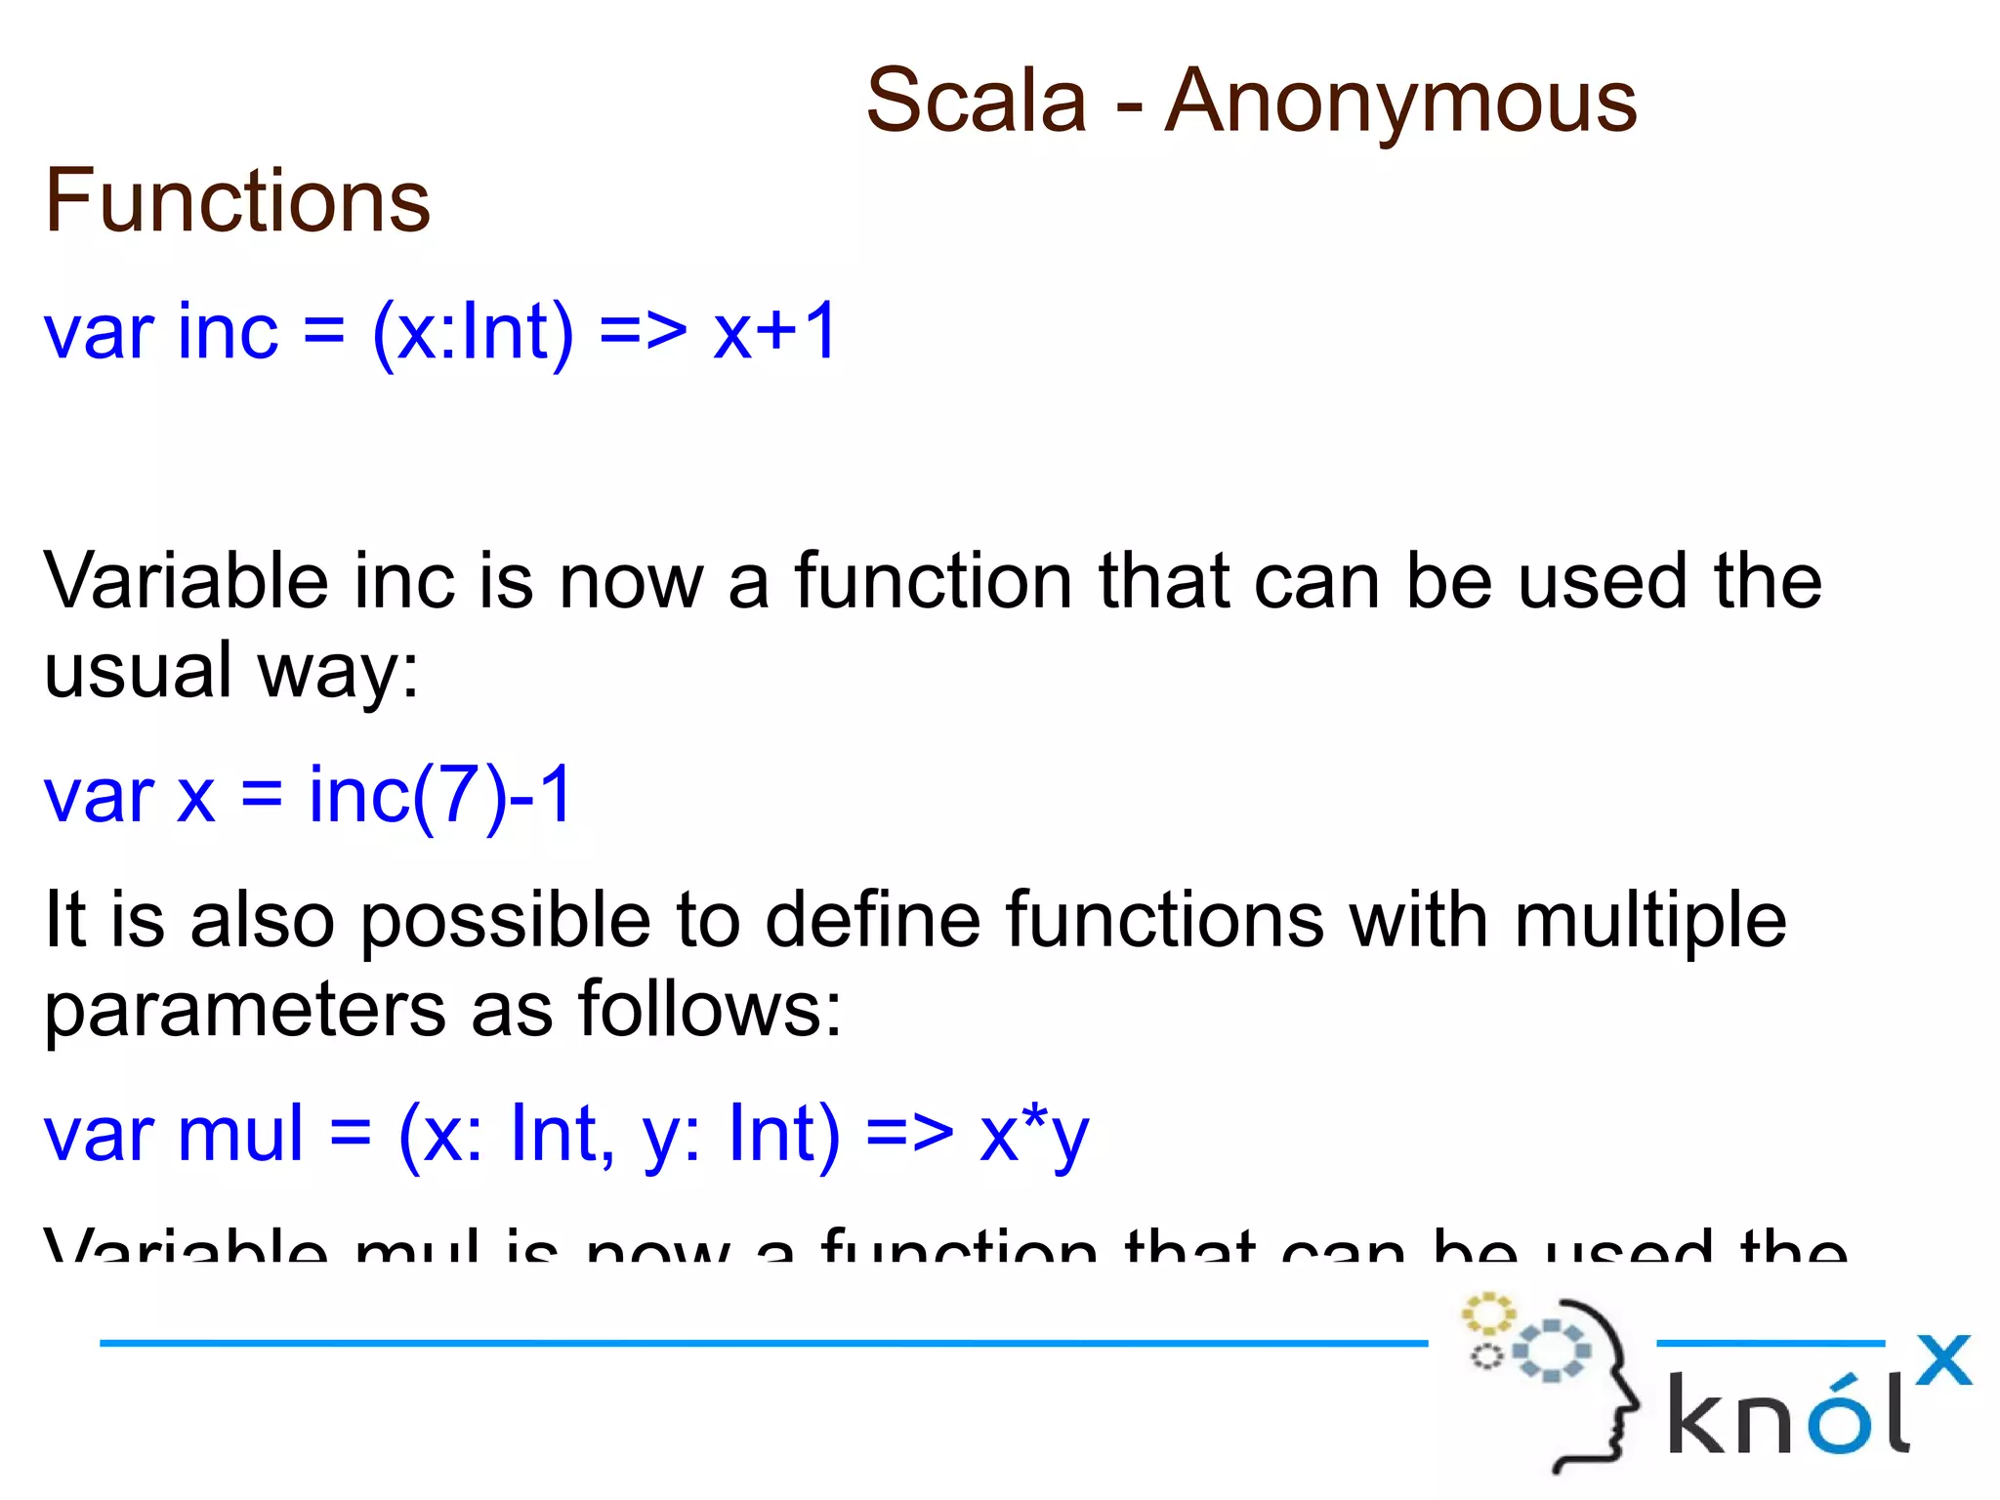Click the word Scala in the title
[x=976, y=102]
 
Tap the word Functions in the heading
[x=237, y=201]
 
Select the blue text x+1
[x=774, y=332]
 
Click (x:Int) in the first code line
[x=473, y=333]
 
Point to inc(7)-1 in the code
[x=439, y=796]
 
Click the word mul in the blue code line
[x=240, y=1135]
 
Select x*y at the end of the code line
[x=1034, y=1135]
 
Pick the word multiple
[x=1649, y=921]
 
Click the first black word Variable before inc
[x=186, y=581]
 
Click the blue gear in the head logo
[x=1552, y=1351]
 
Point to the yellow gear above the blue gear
[x=1487, y=1313]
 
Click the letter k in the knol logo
[x=1697, y=1413]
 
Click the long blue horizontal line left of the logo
[x=762, y=1344]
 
